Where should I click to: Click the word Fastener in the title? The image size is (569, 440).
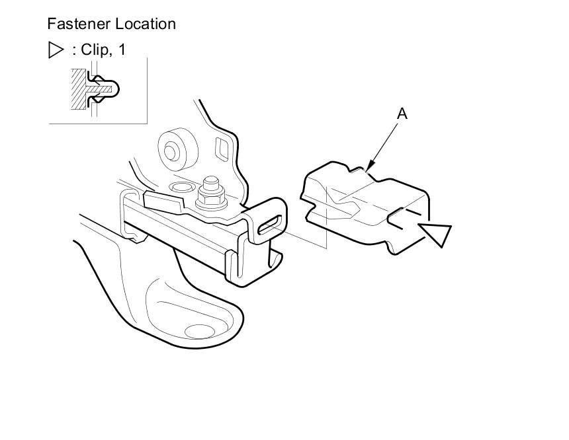click(x=79, y=24)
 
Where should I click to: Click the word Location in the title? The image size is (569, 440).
click(x=145, y=24)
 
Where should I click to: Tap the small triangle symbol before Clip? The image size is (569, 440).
click(x=56, y=50)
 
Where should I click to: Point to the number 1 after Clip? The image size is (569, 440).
click(x=121, y=50)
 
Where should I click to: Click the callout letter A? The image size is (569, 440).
click(x=402, y=114)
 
